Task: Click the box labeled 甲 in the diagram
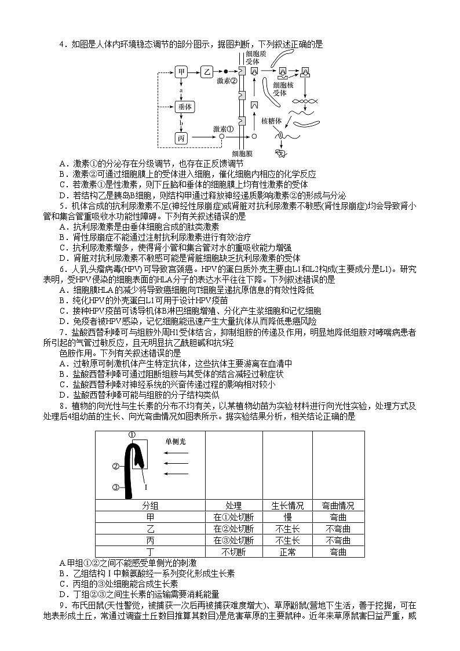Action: coord(182,72)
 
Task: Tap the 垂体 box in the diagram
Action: coord(183,107)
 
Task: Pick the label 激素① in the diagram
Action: coord(224,129)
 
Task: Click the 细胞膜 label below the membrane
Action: coord(242,154)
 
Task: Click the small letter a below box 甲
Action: coord(181,90)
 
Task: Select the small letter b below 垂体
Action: coord(181,123)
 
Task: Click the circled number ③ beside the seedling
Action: coord(116,487)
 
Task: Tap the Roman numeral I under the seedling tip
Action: coord(145,478)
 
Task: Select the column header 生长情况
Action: coord(287,505)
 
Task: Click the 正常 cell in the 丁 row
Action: coord(287,552)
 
